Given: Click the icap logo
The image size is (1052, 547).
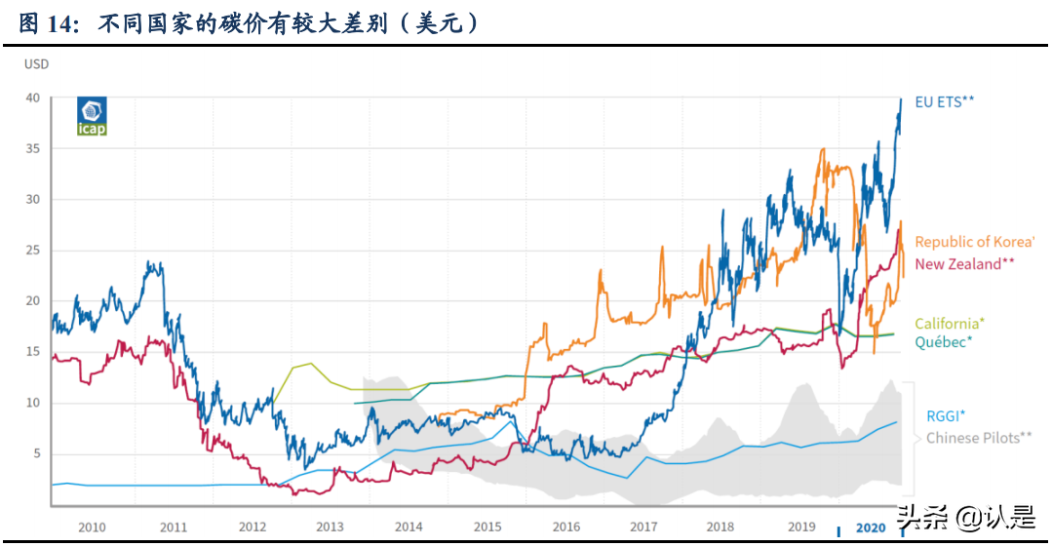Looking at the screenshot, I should coord(92,115).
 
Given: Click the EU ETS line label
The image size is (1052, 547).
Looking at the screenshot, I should coord(945,100).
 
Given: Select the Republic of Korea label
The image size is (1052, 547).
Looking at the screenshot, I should coord(974,242).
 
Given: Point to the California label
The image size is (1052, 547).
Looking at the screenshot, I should coord(949,324).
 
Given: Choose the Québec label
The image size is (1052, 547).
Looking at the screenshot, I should coord(943,342).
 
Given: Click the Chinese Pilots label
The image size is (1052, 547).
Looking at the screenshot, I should coord(978,438).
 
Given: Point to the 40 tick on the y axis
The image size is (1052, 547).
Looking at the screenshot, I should coord(33,98).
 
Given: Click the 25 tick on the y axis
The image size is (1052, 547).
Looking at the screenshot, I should coord(33,251).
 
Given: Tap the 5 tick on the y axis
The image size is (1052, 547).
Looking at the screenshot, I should coord(36,453).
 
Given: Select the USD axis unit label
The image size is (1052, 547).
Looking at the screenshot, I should coord(36,64).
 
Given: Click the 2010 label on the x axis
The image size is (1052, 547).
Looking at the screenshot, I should coord(92,527).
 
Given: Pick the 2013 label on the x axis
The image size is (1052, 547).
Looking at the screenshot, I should coord(330,527).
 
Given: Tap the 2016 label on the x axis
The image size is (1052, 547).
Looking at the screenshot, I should coord(566,527).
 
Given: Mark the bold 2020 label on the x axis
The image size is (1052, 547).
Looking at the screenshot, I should coord(871,527).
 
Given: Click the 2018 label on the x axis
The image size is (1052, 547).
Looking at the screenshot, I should coord(720,527).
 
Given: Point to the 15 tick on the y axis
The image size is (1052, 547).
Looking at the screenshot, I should coord(33,352).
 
